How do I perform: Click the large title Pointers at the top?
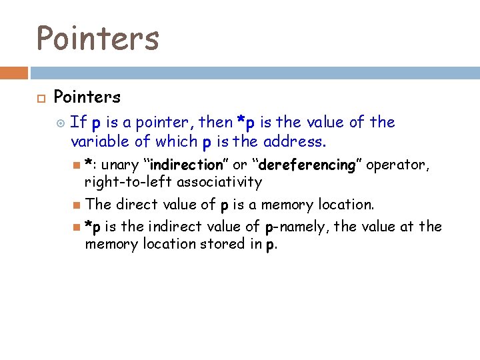click(x=97, y=37)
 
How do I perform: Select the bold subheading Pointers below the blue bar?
click(x=87, y=97)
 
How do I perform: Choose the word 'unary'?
click(x=121, y=165)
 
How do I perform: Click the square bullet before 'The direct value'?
click(x=77, y=205)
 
